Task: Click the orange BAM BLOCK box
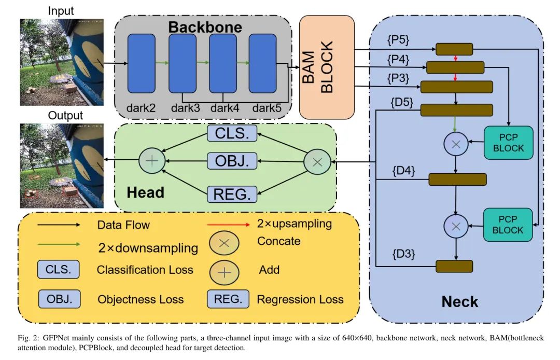tap(327, 66)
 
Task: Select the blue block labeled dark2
tap(141, 64)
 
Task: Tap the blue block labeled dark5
tap(262, 64)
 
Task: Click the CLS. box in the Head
tap(231, 133)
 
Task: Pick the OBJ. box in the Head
tap(231, 162)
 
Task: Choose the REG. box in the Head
tap(232, 194)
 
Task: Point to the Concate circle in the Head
tap(317, 161)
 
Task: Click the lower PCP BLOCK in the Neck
tap(508, 225)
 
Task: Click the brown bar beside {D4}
tap(457, 179)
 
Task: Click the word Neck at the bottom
tap(459, 301)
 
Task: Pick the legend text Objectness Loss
tap(141, 299)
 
